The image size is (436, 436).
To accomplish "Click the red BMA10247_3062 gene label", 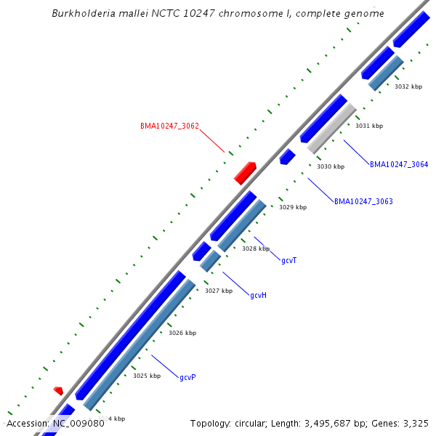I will tap(169, 126).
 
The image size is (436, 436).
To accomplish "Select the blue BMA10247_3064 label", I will tap(399, 164).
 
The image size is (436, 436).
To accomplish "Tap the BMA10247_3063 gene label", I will tap(363, 201).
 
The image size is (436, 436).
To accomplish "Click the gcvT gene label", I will tap(288, 260).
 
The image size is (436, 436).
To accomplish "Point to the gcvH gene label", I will tap(258, 295).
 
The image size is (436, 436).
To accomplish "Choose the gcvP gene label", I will tap(187, 377).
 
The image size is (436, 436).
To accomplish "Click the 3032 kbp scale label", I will tap(408, 86).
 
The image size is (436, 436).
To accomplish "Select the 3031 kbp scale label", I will tap(368, 126).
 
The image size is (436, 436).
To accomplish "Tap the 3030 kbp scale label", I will tap(331, 166).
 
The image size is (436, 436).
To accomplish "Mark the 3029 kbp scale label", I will tap(293, 207).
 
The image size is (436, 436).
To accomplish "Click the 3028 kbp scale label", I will tap(256, 249).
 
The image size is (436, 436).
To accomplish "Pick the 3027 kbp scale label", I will tap(218, 291).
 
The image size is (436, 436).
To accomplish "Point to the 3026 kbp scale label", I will tap(182, 333).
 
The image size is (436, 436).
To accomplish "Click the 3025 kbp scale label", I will tap(146, 376).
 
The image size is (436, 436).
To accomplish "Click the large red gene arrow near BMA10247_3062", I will tap(245, 173).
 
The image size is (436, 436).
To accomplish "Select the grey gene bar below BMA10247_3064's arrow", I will tap(331, 128).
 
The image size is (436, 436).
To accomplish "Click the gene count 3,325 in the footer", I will tap(415, 423).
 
